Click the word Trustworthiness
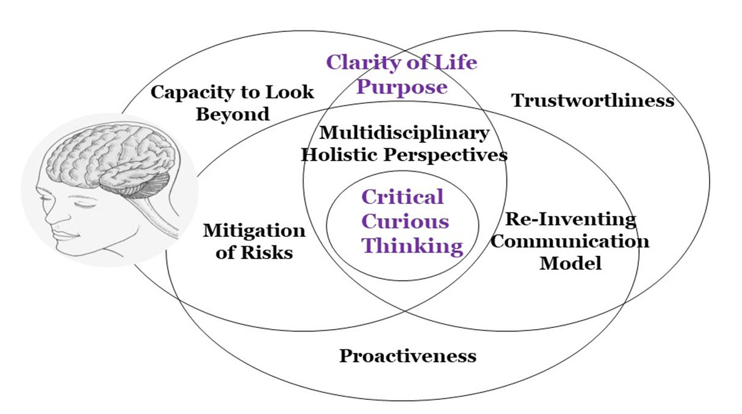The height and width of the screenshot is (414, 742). [593, 100]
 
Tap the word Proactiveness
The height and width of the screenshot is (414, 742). [408, 356]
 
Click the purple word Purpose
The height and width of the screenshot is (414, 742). [402, 87]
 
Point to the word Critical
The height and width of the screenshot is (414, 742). [402, 197]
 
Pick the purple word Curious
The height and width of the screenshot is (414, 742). [405, 221]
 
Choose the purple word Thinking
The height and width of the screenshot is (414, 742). [412, 246]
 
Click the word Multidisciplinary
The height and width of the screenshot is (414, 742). [404, 132]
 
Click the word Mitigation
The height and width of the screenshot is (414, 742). [254, 231]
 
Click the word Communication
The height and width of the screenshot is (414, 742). [570, 241]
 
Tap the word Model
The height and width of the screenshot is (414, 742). [571, 263]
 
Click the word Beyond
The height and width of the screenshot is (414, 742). [232, 114]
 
